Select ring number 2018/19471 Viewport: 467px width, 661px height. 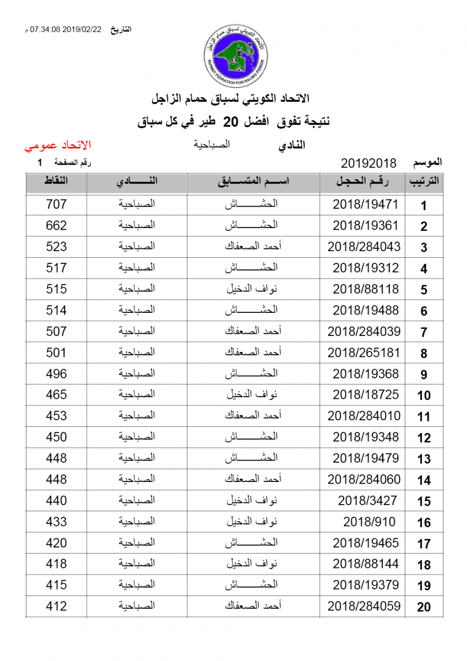(x=365, y=204)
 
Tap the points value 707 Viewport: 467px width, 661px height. (x=56, y=204)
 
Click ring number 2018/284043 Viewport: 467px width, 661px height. (x=364, y=247)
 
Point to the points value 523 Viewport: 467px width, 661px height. (x=56, y=247)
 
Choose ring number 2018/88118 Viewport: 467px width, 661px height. (x=365, y=289)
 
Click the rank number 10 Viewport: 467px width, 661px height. (x=423, y=395)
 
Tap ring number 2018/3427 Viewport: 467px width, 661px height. (x=367, y=501)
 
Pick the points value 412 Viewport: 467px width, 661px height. (x=56, y=606)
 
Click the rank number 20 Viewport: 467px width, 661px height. (x=423, y=607)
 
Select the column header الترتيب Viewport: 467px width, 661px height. (x=423, y=182)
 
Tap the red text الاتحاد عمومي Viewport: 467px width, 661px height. (x=57, y=146)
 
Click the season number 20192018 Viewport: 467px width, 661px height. (x=369, y=164)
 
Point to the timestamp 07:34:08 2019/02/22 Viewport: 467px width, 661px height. (x=66, y=29)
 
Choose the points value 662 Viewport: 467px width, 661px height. (x=56, y=226)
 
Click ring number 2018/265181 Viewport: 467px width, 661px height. (x=364, y=353)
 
